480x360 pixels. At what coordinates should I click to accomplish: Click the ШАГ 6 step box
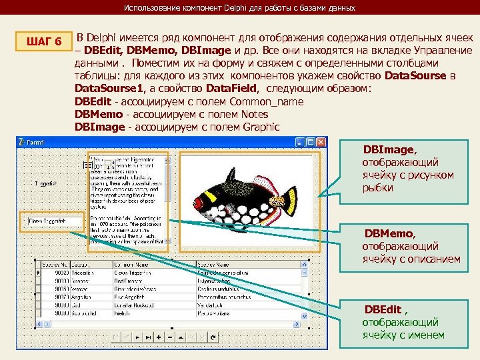click(44, 42)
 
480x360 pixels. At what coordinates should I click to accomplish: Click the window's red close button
click(321, 142)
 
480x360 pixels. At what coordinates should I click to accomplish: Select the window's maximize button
click(311, 142)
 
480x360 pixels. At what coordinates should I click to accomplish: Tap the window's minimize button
click(300, 142)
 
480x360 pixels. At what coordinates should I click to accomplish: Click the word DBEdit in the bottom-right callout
click(383, 310)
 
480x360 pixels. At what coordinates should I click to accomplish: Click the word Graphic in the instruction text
click(262, 127)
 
